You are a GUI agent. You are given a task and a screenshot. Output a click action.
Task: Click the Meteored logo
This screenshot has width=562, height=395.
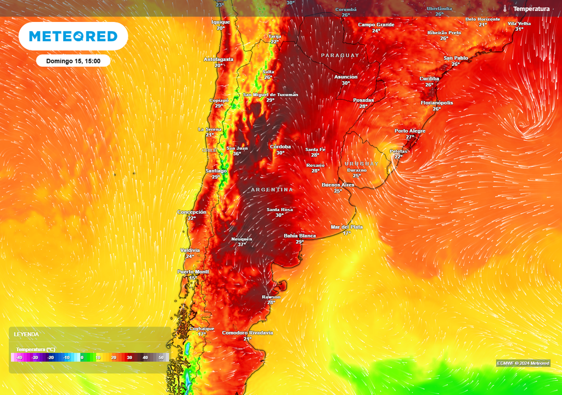click(x=73, y=36)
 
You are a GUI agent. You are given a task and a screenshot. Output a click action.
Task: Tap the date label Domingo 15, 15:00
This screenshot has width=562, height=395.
click(x=73, y=61)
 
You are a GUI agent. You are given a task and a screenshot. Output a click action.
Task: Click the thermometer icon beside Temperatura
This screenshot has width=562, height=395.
click(x=504, y=9)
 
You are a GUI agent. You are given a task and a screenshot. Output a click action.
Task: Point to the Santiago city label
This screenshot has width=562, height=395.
click(x=216, y=171)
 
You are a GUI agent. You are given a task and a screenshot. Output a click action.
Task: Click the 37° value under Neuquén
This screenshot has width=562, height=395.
click(x=241, y=245)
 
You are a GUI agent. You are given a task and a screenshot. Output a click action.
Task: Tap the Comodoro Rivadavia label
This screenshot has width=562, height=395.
click(x=247, y=333)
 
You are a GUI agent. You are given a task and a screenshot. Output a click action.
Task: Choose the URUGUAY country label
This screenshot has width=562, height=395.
click(x=362, y=164)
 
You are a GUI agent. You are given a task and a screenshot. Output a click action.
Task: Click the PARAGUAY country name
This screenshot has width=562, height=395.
click(x=340, y=55)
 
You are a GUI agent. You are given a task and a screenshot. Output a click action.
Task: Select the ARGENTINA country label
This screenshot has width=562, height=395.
click(x=272, y=190)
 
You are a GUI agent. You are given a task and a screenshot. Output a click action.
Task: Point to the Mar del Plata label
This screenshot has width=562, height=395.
click(x=346, y=227)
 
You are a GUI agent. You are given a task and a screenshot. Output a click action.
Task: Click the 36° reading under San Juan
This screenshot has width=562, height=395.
click(x=237, y=154)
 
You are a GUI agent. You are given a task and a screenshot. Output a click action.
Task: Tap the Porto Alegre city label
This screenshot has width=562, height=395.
click(x=410, y=131)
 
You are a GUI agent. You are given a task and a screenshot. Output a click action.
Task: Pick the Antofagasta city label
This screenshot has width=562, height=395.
click(x=218, y=59)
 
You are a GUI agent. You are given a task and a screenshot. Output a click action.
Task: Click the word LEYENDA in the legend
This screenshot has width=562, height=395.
click(x=26, y=334)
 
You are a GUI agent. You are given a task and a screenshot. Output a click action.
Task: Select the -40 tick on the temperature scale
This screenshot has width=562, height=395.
click(x=19, y=358)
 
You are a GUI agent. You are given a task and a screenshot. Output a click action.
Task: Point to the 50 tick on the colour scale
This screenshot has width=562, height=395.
click(x=161, y=358)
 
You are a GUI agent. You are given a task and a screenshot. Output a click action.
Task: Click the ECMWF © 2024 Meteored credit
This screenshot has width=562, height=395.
click(x=523, y=363)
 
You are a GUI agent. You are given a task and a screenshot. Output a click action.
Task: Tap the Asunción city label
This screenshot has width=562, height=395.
click(x=346, y=77)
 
